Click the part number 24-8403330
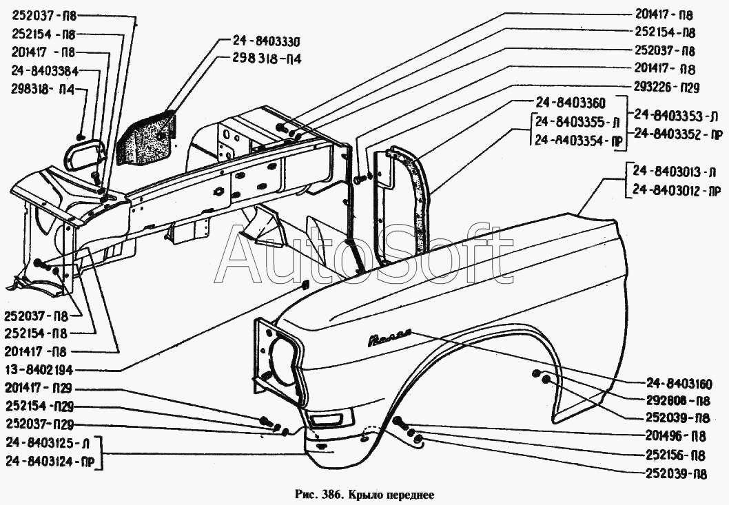pos(267,42)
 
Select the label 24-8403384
pos(45,71)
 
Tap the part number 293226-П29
pos(667,87)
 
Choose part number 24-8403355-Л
pos(577,123)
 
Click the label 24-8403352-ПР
pos(678,134)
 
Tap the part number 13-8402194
pos(39,370)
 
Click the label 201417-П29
pos(39,388)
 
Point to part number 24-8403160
pos(678,384)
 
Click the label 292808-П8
pos(678,400)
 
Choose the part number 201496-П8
pos(675,435)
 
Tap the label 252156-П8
pos(675,455)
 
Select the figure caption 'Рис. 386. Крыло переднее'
pos(364,494)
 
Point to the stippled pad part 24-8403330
pos(146,138)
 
